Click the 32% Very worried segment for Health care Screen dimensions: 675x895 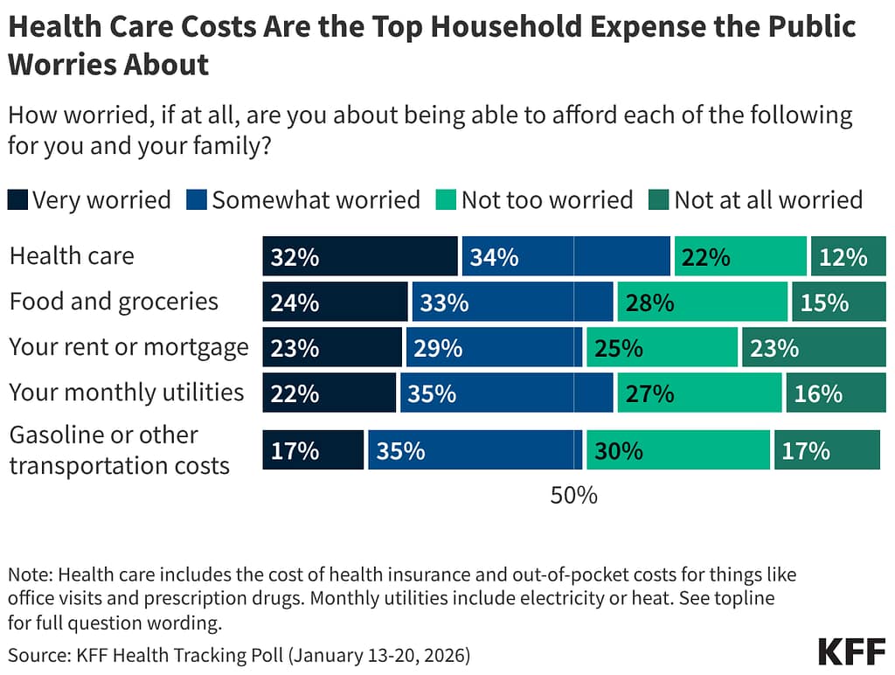(x=360, y=256)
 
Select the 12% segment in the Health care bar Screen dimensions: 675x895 (x=848, y=256)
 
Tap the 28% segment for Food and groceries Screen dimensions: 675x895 (x=702, y=302)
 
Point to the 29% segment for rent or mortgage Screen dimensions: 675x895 (x=493, y=347)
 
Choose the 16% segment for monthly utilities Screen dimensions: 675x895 (x=836, y=393)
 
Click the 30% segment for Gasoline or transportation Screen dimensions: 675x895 (x=678, y=449)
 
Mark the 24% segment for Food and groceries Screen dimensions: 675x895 (x=335, y=302)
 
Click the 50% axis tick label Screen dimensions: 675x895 (x=573, y=495)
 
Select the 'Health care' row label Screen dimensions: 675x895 (x=72, y=256)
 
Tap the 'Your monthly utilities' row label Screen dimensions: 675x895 (x=127, y=392)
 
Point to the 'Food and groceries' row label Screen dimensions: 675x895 (x=114, y=302)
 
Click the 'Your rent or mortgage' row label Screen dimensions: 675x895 (x=128, y=347)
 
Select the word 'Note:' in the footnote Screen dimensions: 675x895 (x=31, y=574)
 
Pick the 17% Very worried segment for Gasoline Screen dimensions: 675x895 (x=313, y=449)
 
